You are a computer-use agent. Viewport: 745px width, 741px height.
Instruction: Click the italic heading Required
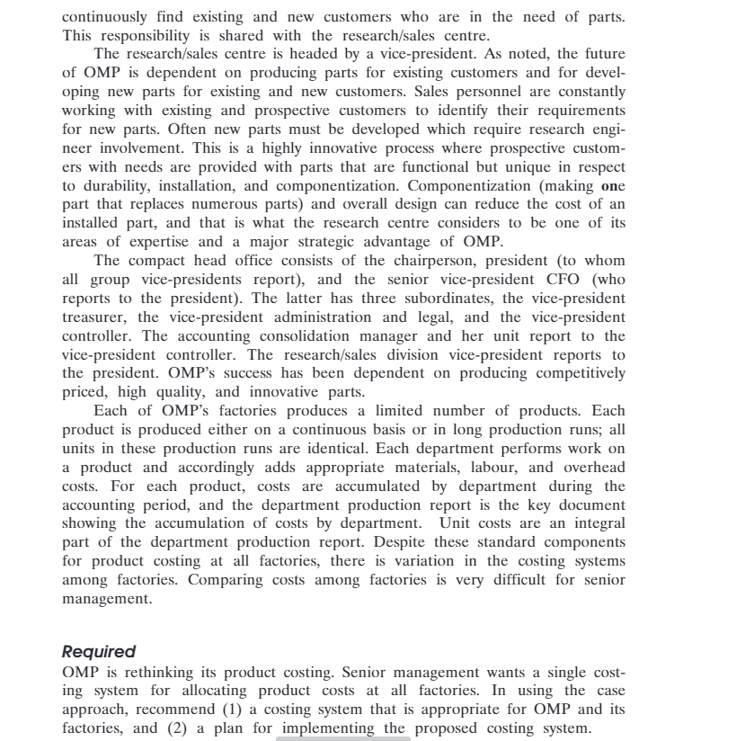coord(99,651)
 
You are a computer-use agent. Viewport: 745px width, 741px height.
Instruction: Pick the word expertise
coord(155,242)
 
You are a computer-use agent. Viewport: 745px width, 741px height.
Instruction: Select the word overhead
coord(594,467)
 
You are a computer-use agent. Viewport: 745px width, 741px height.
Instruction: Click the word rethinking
coord(149,672)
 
